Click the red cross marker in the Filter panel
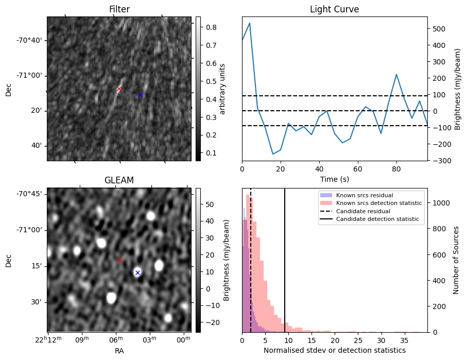(119, 89)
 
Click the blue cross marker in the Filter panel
(140, 95)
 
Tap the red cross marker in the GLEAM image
(119, 260)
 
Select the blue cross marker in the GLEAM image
(137, 272)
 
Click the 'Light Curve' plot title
(334, 10)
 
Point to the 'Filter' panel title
(119, 10)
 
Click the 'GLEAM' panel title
(119, 180)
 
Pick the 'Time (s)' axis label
(334, 179)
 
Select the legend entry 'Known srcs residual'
(365, 195)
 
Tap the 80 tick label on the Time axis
(396, 168)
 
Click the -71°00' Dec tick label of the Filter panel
(31, 76)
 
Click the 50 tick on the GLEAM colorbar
(209, 204)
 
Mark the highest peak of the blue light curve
(250, 23)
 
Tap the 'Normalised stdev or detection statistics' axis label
(334, 350)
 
